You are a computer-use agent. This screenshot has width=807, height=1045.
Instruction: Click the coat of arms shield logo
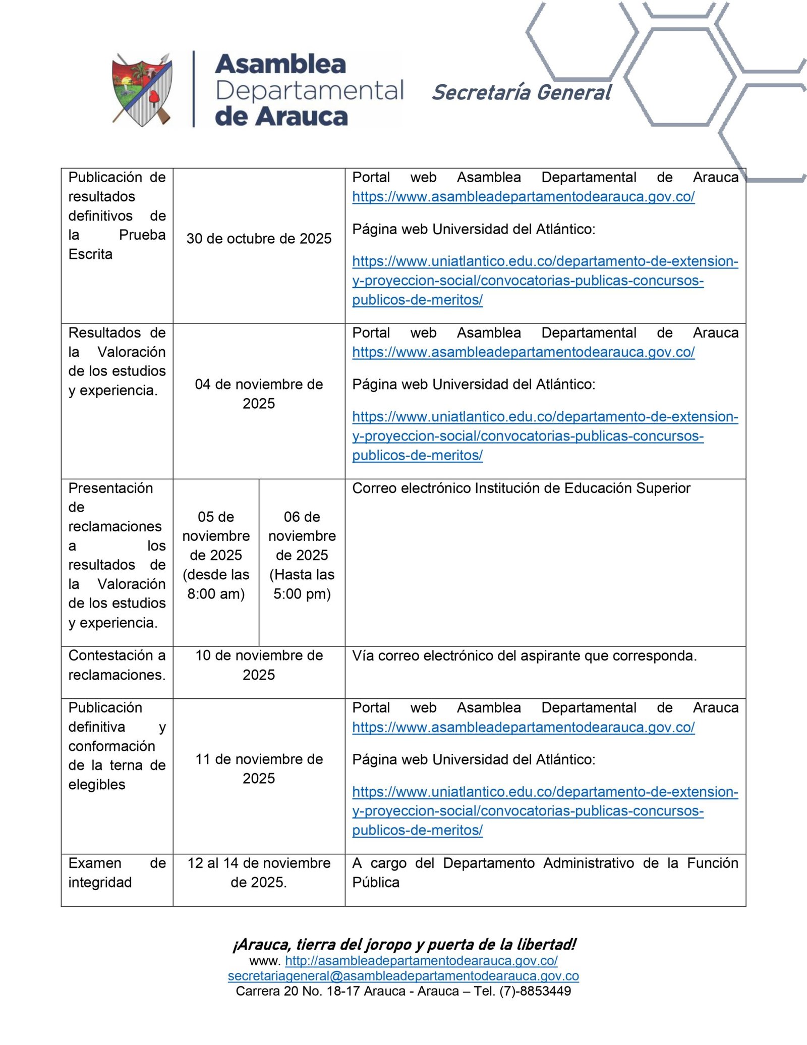pos(142,90)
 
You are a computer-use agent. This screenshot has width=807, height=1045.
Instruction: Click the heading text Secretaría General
pos(522,93)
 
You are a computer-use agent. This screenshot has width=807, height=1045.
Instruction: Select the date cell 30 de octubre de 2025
pos(259,239)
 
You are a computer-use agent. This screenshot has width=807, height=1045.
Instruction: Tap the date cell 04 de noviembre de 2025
pos(259,394)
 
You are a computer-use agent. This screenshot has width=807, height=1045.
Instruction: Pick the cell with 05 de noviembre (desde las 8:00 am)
pos(216,555)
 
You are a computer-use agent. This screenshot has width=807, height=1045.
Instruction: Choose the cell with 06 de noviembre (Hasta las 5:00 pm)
pos(302,555)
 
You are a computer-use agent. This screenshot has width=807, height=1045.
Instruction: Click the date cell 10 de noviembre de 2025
pos(259,665)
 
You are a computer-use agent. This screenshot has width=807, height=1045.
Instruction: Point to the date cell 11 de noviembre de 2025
pos(259,768)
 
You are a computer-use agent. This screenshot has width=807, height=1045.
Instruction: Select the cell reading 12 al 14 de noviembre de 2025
pos(259,872)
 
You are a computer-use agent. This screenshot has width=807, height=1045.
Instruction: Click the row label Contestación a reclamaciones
pos(117,665)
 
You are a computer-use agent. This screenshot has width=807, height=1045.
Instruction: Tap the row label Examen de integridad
pos(117,872)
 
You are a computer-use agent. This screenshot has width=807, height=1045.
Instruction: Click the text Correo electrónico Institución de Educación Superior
pos(521,488)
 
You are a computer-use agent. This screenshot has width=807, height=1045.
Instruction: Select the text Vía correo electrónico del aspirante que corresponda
pos(524,656)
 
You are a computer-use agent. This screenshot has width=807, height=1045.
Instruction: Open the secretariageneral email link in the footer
pos(403,976)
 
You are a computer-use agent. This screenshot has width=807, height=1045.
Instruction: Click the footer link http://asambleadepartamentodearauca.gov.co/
pos(421,961)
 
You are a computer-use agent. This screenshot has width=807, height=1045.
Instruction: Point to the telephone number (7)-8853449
pos(535,991)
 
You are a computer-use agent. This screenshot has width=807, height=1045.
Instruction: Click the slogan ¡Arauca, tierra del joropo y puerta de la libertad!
pos(404,945)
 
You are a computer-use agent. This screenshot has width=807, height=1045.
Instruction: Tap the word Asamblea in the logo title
pos(280,65)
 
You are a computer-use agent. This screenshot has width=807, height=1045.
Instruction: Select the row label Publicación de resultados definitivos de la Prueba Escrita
pos(117,215)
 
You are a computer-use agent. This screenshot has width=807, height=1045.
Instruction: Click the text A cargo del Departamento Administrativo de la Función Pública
pos(545,872)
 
